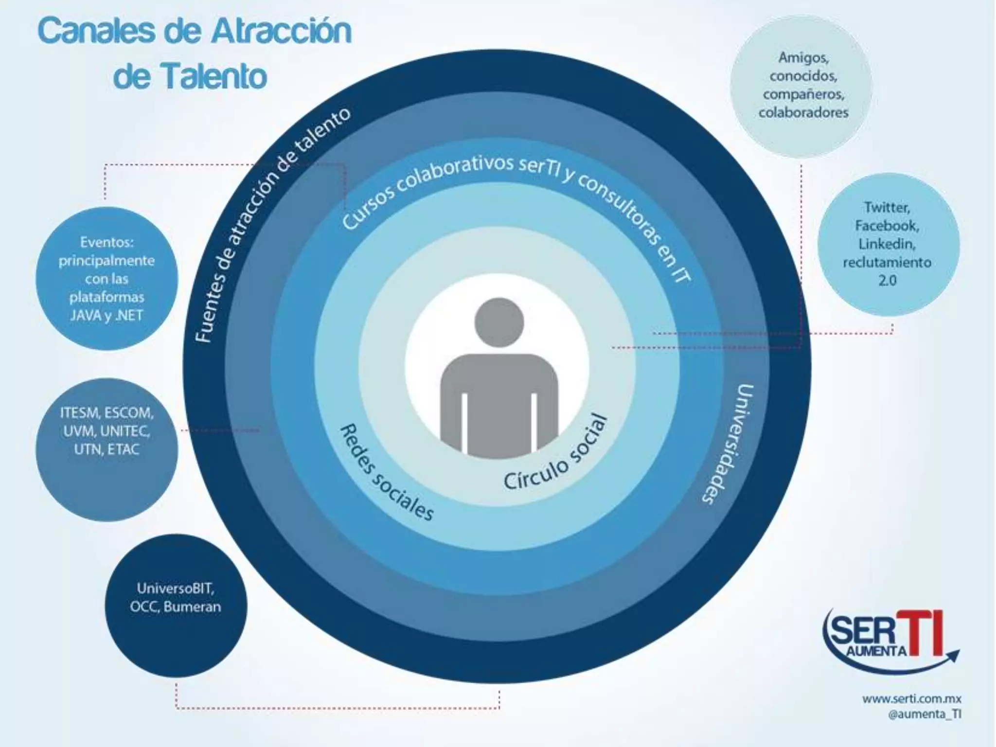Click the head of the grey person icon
click(x=499, y=322)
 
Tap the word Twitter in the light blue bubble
click(x=886, y=208)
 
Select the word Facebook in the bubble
click(x=886, y=226)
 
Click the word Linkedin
click(x=886, y=244)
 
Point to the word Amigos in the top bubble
click(x=803, y=58)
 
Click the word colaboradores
click(x=803, y=113)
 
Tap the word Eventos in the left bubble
click(x=107, y=242)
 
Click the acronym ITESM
click(x=79, y=413)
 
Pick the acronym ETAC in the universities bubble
click(x=123, y=449)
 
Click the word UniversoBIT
click(x=175, y=588)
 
